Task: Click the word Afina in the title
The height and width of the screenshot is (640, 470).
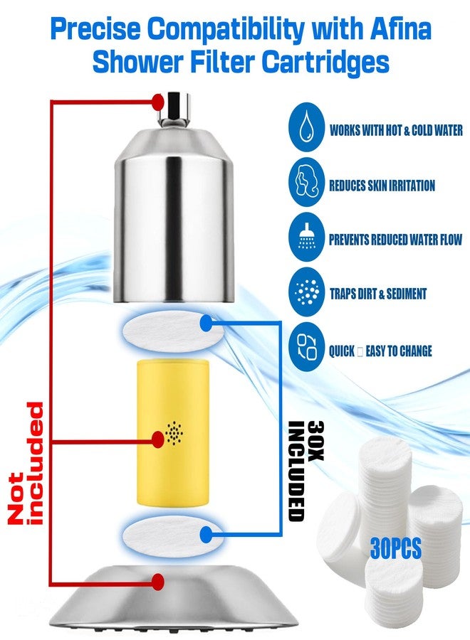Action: [x=400, y=28]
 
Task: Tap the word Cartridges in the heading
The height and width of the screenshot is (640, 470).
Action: [x=325, y=62]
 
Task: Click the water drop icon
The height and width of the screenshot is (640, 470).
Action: [x=306, y=129]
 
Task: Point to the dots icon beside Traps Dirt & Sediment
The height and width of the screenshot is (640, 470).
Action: [x=306, y=292]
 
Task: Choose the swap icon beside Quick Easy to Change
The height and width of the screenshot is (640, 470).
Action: [x=306, y=347]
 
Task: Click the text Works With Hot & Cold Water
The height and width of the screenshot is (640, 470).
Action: [x=396, y=130]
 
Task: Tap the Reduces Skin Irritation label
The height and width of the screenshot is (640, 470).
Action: [x=382, y=186]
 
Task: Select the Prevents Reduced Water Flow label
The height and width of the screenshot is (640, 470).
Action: [x=396, y=239]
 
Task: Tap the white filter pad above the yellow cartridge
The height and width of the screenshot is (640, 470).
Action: [x=173, y=330]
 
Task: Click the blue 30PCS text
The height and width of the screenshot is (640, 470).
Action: [x=396, y=548]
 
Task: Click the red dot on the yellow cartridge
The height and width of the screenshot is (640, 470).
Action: [x=158, y=439]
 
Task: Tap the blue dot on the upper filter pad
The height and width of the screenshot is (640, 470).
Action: [x=207, y=324]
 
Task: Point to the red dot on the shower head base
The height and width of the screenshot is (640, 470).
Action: [x=158, y=581]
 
